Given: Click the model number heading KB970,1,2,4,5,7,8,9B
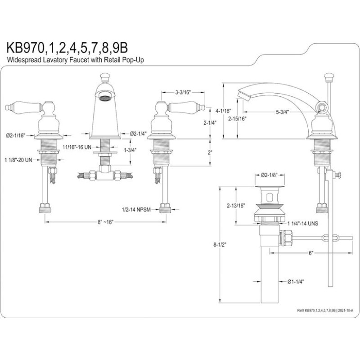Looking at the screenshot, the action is coord(67,48).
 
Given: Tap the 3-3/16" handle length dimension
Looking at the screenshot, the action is coord(183,92).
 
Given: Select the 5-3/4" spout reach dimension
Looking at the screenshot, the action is coord(282,112).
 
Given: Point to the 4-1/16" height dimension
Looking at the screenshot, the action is coord(223,111).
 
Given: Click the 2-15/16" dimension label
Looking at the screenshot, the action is coord(237,119).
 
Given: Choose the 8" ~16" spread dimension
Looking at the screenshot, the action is coord(106,222).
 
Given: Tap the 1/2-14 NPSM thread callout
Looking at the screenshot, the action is coord(136,209).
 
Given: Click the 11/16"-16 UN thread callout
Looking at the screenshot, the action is coord(77,147).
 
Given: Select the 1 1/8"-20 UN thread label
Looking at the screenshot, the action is coord(18,160).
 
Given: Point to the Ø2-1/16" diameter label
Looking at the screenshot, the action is coord(15,135).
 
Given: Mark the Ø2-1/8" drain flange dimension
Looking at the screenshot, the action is coord(269,175).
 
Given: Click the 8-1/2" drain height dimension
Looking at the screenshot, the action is coord(220,244).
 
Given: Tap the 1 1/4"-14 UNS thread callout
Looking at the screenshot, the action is coord(303,223).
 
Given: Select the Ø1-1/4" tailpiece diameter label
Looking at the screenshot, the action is coord(296,282).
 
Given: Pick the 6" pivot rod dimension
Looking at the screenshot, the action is coord(311,253).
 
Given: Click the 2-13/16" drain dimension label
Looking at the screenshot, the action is coord(236,206).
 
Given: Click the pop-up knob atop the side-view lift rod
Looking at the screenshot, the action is coord(328,77).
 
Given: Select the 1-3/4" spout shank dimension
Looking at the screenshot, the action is coord(130,150).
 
